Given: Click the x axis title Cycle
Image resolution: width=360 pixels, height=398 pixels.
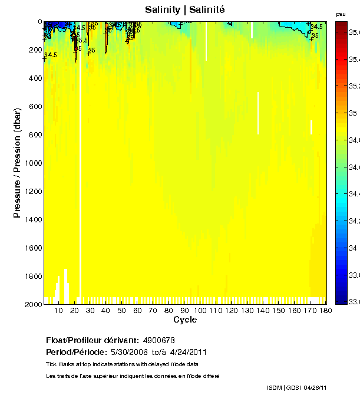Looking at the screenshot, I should (x=185, y=320).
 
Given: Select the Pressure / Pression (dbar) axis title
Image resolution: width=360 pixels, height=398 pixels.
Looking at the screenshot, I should (x=17, y=163).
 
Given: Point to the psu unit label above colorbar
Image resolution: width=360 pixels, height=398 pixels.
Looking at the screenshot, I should (x=340, y=14).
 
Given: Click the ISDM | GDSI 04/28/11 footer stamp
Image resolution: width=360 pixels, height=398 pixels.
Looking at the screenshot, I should (x=296, y=387).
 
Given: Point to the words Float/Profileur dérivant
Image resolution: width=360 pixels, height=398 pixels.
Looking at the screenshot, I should (x=92, y=340).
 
